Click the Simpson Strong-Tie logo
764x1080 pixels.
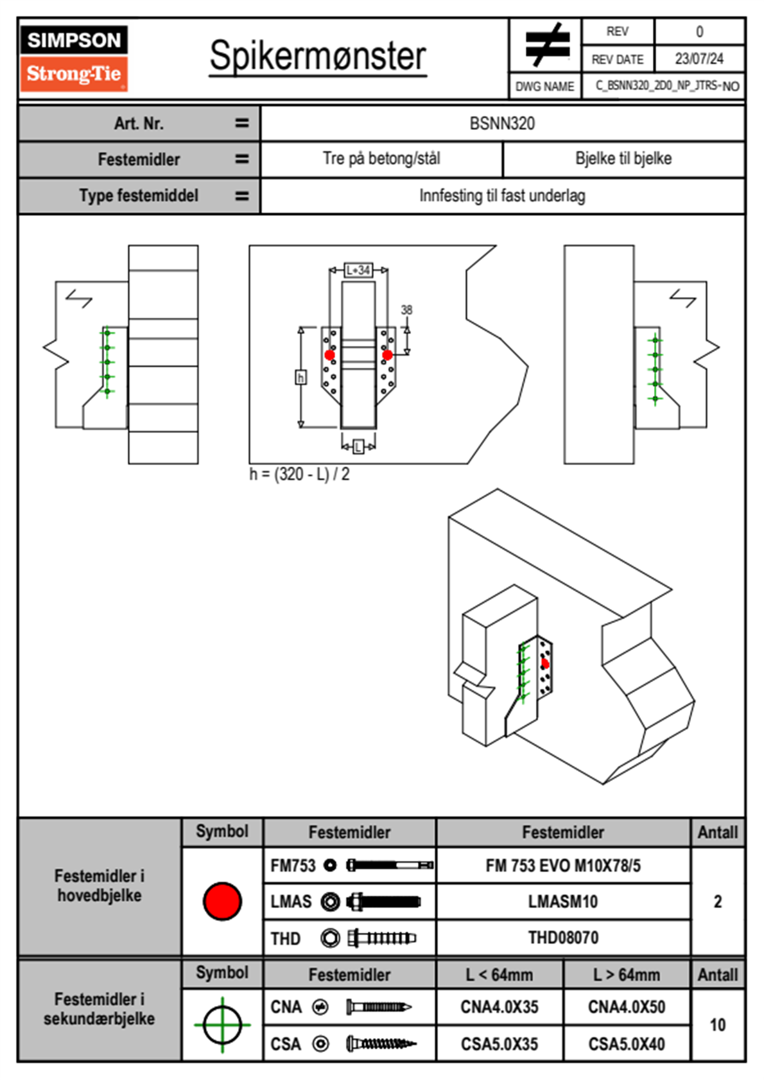pos(74,58)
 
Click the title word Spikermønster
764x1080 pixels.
pos(317,56)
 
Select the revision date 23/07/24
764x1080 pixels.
pos(699,59)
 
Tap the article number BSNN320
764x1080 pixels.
pos(502,123)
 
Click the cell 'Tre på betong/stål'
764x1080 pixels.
pos(381,159)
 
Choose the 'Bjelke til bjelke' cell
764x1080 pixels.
pos(623,159)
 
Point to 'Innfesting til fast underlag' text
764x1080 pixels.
pos(502,196)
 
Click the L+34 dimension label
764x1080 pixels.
pos(358,270)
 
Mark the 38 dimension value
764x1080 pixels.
pos(406,310)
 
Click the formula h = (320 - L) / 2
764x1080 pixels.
pos(299,475)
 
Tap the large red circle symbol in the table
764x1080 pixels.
pos(222,901)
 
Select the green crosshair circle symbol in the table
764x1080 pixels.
pos(222,1025)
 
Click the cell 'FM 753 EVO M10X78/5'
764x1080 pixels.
pos(563,866)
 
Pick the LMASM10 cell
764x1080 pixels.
pos(563,901)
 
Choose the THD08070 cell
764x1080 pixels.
pos(563,938)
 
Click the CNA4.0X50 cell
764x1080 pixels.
pos(627,1007)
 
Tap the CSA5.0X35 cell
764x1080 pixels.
pos(499,1044)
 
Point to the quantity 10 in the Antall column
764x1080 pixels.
pos(718,1025)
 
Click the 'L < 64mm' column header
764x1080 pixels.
pos(499,975)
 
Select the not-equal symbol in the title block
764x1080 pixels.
pos(546,45)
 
